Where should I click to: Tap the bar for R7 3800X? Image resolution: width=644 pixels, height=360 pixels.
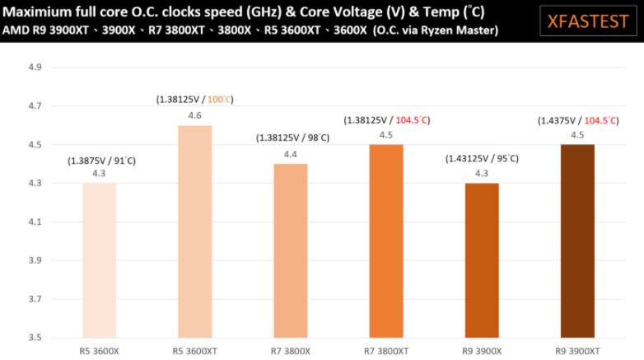[291, 250]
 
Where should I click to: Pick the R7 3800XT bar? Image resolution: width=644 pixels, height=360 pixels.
[386, 241]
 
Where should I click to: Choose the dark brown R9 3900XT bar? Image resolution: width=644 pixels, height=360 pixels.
[577, 241]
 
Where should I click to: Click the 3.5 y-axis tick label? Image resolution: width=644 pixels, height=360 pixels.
[35, 338]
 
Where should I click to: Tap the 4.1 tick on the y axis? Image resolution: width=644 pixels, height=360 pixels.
[35, 222]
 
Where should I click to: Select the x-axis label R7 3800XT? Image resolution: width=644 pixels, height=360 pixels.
[386, 350]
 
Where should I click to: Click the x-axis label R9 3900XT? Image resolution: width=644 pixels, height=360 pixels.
[577, 350]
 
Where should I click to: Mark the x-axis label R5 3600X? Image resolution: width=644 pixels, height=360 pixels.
[100, 350]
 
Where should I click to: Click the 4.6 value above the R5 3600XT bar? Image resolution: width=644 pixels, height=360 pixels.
[195, 116]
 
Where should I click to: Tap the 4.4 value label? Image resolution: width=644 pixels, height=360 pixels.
[291, 154]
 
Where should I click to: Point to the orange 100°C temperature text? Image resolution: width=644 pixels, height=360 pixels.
[219, 100]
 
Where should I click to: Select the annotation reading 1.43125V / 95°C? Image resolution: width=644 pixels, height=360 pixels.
[482, 158]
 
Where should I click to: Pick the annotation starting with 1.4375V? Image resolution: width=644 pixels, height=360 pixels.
[577, 120]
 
